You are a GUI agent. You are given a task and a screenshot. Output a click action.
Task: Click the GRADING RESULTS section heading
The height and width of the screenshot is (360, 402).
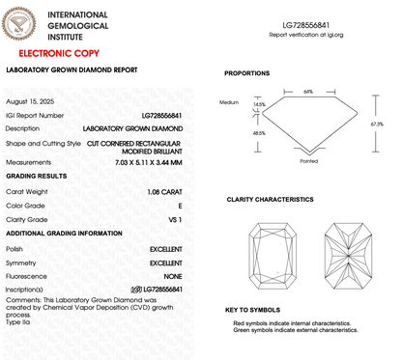point(37,178)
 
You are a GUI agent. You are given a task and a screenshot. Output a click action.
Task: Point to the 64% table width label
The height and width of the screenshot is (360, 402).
point(307,92)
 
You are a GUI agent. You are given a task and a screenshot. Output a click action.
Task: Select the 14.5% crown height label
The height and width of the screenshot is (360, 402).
point(258,104)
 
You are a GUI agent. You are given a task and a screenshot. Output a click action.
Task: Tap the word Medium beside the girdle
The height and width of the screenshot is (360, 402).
point(228,101)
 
